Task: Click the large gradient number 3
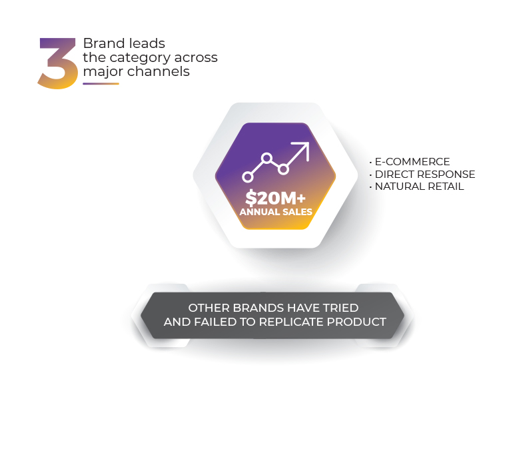58,64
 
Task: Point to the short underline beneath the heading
101,84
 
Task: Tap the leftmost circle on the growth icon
248,177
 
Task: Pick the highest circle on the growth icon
266,159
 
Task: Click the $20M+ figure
275,198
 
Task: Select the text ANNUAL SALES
276,213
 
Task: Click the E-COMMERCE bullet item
412,162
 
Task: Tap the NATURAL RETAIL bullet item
418,187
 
